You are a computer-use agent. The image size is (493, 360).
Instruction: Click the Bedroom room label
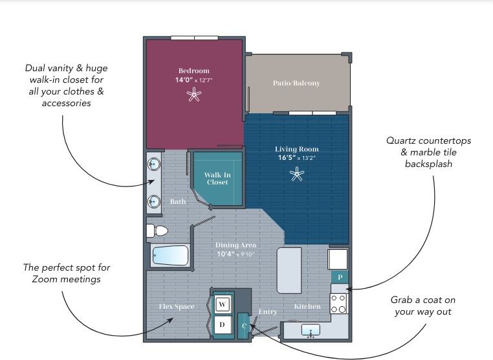click(194, 71)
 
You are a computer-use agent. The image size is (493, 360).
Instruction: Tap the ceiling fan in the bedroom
click(194, 95)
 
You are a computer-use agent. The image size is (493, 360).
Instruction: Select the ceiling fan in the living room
click(297, 174)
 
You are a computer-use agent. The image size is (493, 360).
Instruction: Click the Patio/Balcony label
click(296, 84)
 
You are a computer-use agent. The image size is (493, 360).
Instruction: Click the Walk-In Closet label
click(217, 178)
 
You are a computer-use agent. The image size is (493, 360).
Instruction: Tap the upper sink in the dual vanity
click(154, 164)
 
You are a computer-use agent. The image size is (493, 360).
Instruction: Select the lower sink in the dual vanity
click(154, 202)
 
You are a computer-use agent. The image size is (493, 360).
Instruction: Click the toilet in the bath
click(157, 231)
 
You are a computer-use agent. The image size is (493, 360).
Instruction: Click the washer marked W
click(223, 304)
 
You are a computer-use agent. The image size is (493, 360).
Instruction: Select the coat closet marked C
click(244, 325)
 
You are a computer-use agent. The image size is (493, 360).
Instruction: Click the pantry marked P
click(340, 277)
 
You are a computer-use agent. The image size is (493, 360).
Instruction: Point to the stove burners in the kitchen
click(339, 304)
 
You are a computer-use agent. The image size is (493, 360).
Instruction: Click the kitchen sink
click(311, 330)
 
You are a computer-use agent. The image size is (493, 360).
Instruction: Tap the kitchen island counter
click(289, 271)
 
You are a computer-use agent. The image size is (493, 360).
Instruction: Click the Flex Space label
click(177, 307)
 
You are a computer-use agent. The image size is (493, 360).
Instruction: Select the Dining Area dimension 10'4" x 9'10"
click(236, 254)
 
